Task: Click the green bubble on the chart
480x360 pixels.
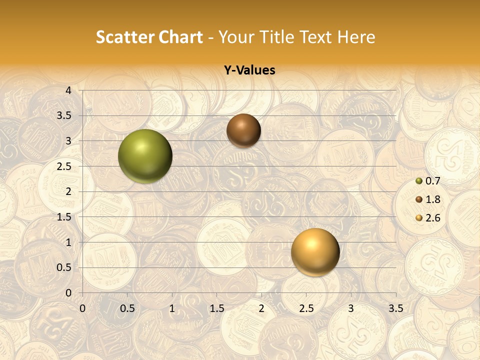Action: coord(145,156)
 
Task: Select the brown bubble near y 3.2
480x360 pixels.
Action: coord(243,130)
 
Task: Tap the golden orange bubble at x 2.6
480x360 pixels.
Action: coord(315,252)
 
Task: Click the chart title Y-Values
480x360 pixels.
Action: coord(249,70)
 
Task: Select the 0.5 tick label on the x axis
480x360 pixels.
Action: coord(127,308)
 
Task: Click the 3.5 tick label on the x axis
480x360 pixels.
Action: coord(395,308)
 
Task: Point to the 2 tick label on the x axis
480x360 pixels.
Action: coord(261,308)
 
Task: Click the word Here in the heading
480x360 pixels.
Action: coord(356,37)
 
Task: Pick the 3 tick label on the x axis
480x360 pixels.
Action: coord(351,308)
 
